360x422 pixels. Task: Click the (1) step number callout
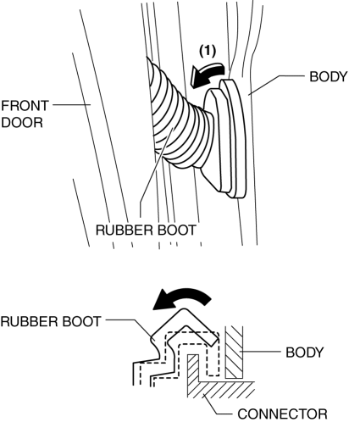pos(208,51)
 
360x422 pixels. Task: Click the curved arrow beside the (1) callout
pos(208,74)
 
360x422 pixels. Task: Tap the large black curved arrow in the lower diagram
pos(182,299)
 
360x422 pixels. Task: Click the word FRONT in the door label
pos(25,106)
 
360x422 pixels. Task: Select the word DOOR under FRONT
pos(22,123)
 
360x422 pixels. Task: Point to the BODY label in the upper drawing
pos(329,76)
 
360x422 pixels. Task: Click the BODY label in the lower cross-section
pos(304,353)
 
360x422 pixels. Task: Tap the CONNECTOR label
pos(283,414)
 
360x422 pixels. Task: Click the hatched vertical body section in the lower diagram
pos(234,353)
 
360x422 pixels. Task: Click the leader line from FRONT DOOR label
pos(72,105)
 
